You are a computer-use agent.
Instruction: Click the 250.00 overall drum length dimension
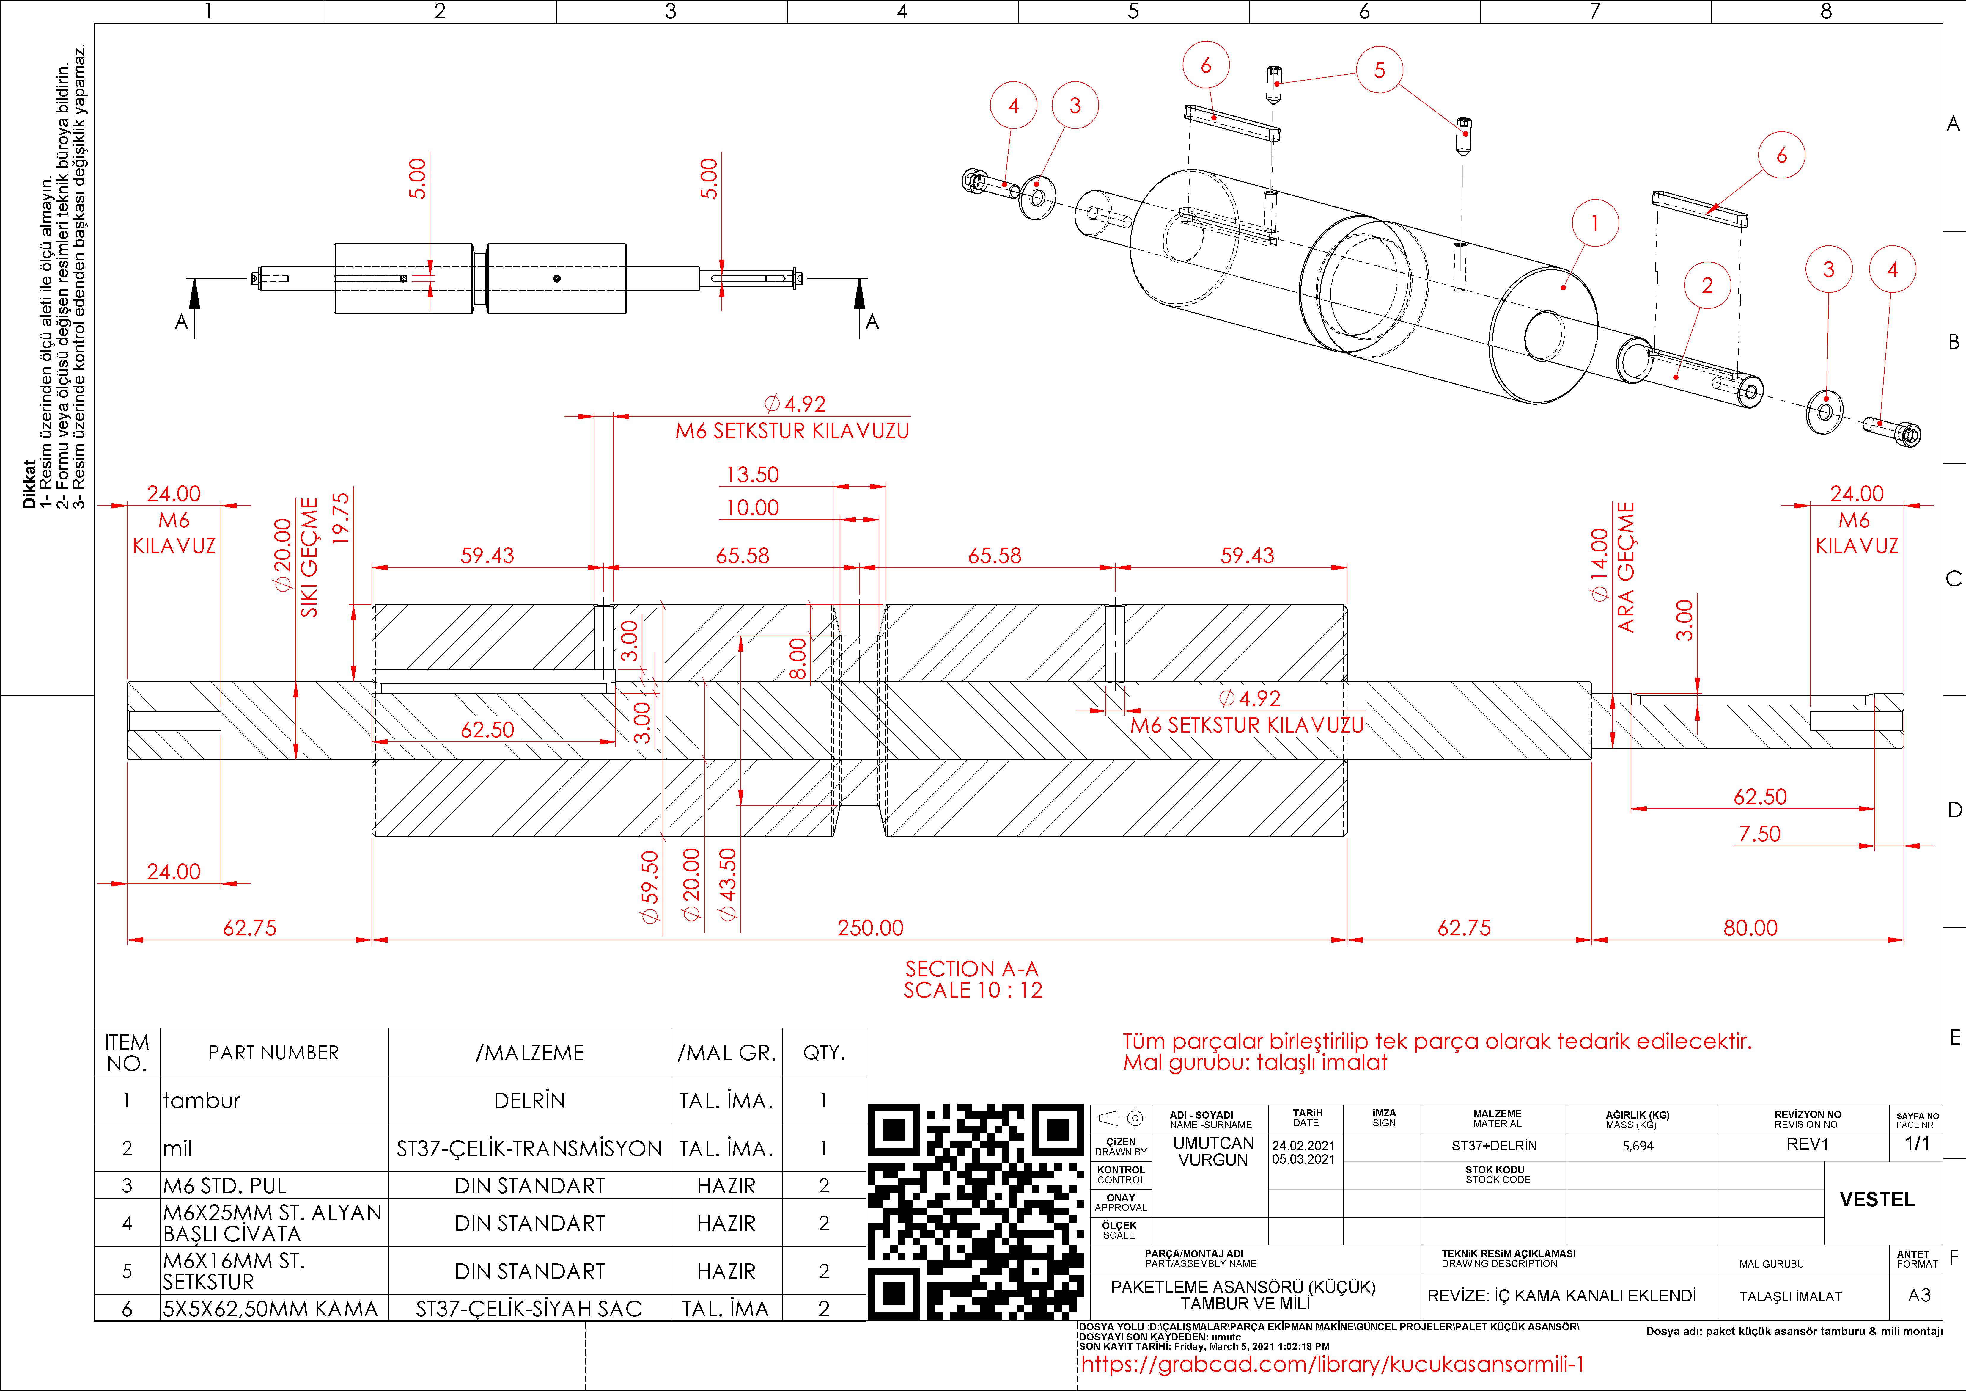tap(870, 928)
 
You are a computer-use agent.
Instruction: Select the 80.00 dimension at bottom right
tap(1750, 928)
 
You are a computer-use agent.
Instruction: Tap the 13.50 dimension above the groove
tap(753, 474)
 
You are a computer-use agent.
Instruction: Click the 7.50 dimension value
tap(1760, 833)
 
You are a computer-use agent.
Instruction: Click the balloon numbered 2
tap(1707, 285)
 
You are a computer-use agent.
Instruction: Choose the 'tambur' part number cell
tap(202, 1101)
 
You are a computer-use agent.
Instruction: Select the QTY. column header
tap(824, 1053)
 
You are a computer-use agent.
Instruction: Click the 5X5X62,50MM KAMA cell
tap(270, 1309)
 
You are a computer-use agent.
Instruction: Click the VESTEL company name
tap(1877, 1199)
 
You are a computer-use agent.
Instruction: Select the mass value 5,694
tap(1638, 1146)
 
